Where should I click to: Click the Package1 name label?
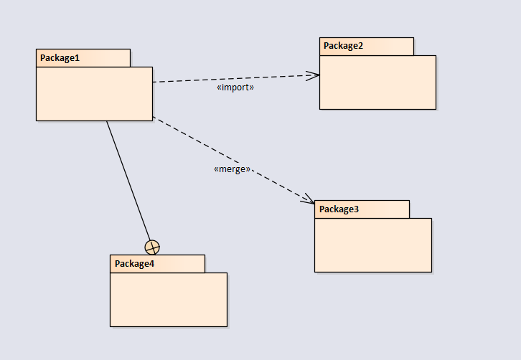60,58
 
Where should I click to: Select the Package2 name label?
343,46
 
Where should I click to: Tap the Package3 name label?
339,209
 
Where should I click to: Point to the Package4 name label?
134,264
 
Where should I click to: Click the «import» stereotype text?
235,87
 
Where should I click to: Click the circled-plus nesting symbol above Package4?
152,247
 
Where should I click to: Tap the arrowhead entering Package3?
309,199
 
